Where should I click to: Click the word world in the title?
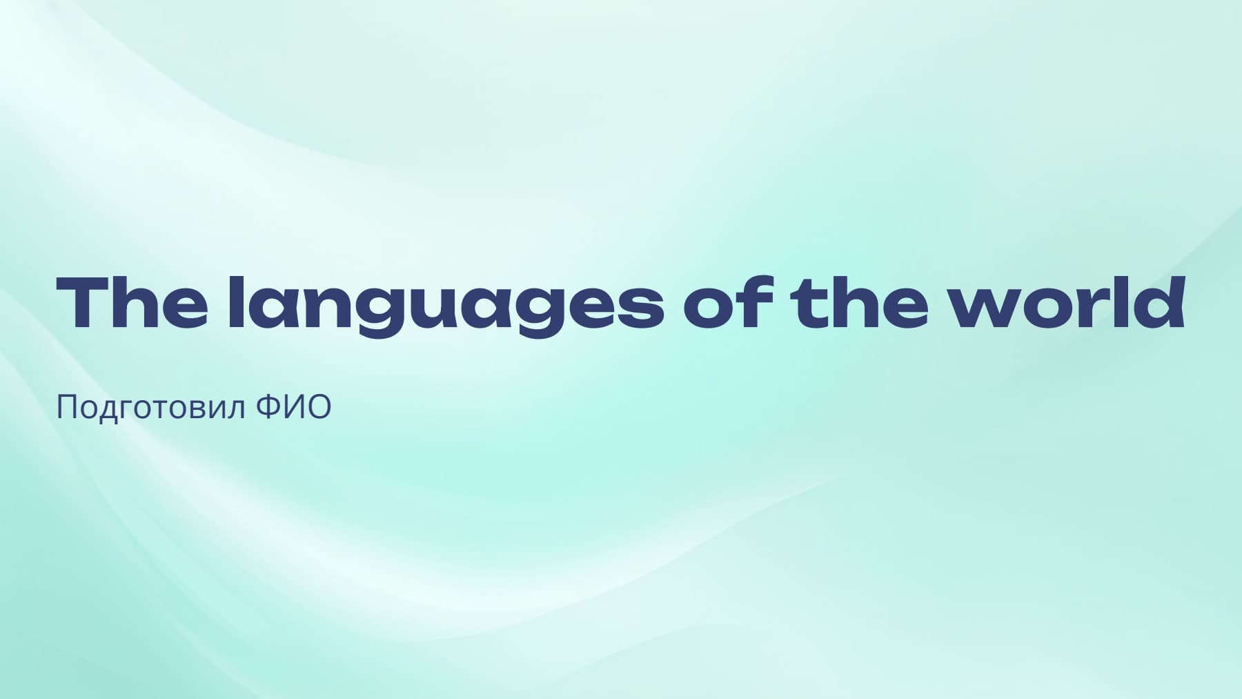pos(1067,302)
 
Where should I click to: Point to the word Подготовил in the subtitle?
pos(150,408)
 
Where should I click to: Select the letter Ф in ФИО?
pos(269,407)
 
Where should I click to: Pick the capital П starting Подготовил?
pos(66,407)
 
